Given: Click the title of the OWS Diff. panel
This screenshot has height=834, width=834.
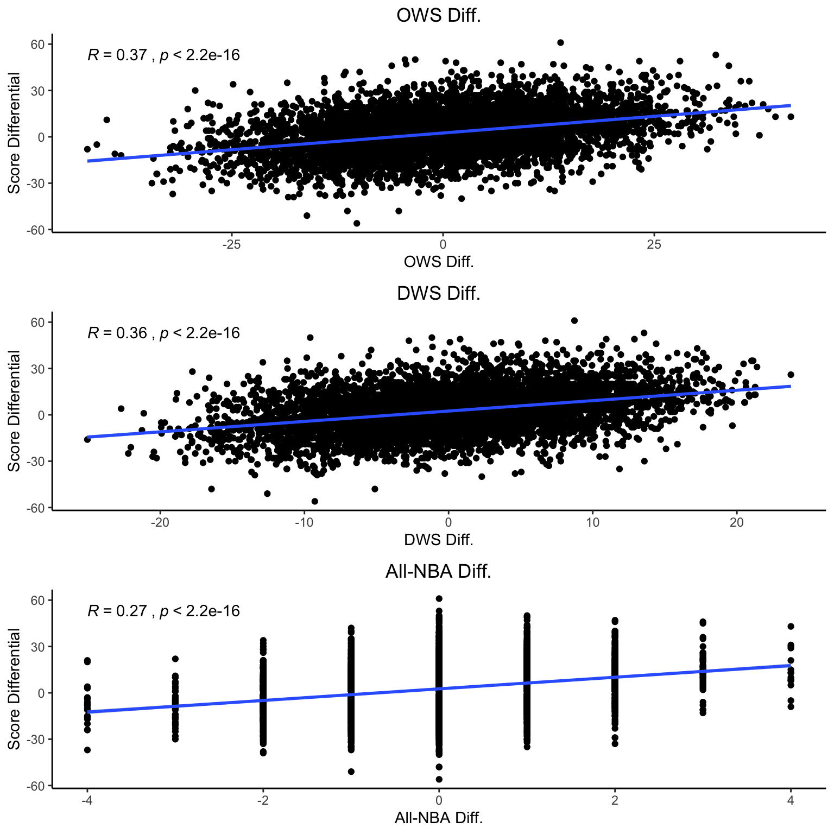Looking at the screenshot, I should [439, 15].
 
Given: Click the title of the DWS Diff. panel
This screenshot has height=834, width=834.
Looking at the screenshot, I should [439, 293].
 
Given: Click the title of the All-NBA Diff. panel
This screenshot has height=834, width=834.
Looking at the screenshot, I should [438, 571].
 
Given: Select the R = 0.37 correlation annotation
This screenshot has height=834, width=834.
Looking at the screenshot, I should [163, 55].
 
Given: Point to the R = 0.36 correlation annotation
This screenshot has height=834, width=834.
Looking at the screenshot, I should [163, 333].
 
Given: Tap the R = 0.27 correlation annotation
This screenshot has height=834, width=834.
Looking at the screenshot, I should [163, 611].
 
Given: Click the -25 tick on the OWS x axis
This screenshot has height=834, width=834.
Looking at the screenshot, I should [231, 245].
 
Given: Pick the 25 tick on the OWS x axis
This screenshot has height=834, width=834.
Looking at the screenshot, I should [654, 245].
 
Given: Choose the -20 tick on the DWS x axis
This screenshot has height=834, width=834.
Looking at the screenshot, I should [160, 523].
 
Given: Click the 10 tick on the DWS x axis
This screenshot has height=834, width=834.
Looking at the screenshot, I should [592, 523].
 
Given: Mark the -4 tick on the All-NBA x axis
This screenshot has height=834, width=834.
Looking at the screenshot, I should [87, 800].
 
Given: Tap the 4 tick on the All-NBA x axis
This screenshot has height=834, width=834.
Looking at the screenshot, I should [791, 800].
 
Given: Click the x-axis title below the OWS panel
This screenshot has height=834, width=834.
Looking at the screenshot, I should [439, 262].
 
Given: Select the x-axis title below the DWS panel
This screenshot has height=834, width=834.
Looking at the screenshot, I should [439, 540].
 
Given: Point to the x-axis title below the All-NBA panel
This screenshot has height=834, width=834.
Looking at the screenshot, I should [439, 817].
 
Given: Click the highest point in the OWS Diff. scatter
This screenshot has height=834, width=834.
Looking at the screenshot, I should [560, 42].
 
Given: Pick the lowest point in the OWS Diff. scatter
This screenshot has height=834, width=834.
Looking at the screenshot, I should [357, 223].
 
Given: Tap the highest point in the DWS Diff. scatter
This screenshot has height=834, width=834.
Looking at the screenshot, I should [574, 320].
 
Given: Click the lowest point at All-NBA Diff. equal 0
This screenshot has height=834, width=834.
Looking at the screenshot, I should [439, 779].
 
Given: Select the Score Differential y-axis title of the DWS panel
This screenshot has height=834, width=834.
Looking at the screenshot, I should [14, 411].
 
